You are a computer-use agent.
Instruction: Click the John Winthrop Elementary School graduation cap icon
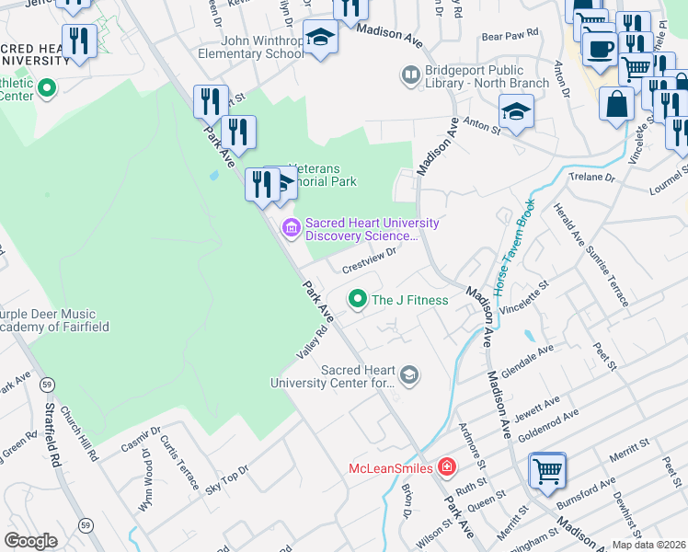(x=320, y=38)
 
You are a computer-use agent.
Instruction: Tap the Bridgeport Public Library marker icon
(x=409, y=75)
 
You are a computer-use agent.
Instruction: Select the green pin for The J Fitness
(x=357, y=299)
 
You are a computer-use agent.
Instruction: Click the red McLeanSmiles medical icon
(x=446, y=467)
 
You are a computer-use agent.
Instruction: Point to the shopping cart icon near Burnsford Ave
(x=548, y=471)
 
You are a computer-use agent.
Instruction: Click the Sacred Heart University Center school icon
(x=409, y=374)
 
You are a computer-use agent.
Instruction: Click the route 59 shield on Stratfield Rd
(x=46, y=384)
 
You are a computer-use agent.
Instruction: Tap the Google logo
(x=31, y=540)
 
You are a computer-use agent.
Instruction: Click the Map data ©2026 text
(x=648, y=545)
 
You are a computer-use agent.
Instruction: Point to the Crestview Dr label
(x=368, y=260)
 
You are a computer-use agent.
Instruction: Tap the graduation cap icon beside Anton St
(x=516, y=112)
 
